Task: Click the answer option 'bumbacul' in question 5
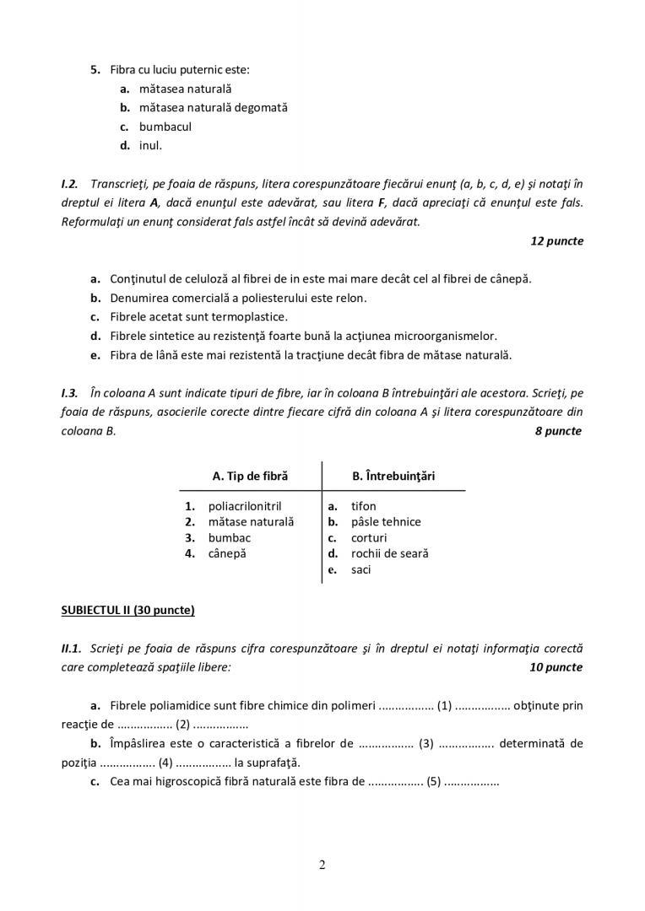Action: (165, 127)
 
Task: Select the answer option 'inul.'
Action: (150, 145)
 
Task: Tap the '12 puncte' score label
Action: (556, 240)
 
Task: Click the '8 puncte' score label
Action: (558, 431)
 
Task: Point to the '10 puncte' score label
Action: (556, 666)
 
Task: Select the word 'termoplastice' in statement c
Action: (252, 317)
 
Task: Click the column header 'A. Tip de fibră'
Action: (250, 476)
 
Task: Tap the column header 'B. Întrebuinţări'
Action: (393, 476)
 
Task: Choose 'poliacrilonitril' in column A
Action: (245, 506)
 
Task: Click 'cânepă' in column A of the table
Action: (227, 553)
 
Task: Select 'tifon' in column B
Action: (364, 506)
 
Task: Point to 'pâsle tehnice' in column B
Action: (386, 521)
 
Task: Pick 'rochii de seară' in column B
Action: (390, 553)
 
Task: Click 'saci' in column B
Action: (361, 569)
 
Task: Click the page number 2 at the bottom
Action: (322, 864)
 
